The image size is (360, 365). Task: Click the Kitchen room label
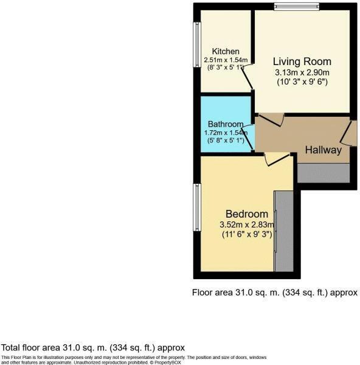click(225, 51)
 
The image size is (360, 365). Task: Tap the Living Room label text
click(302, 61)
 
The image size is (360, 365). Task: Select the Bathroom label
click(226, 124)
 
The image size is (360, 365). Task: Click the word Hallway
click(323, 150)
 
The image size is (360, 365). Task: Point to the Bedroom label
click(246, 214)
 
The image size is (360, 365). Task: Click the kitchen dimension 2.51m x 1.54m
click(226, 60)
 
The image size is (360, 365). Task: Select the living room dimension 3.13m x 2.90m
click(302, 72)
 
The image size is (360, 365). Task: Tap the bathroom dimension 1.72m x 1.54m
click(226, 133)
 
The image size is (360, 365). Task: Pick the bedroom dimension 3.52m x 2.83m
click(247, 224)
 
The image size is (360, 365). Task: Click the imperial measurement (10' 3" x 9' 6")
click(302, 82)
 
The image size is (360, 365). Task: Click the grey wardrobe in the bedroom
click(283, 231)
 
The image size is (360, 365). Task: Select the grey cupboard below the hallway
click(324, 173)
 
